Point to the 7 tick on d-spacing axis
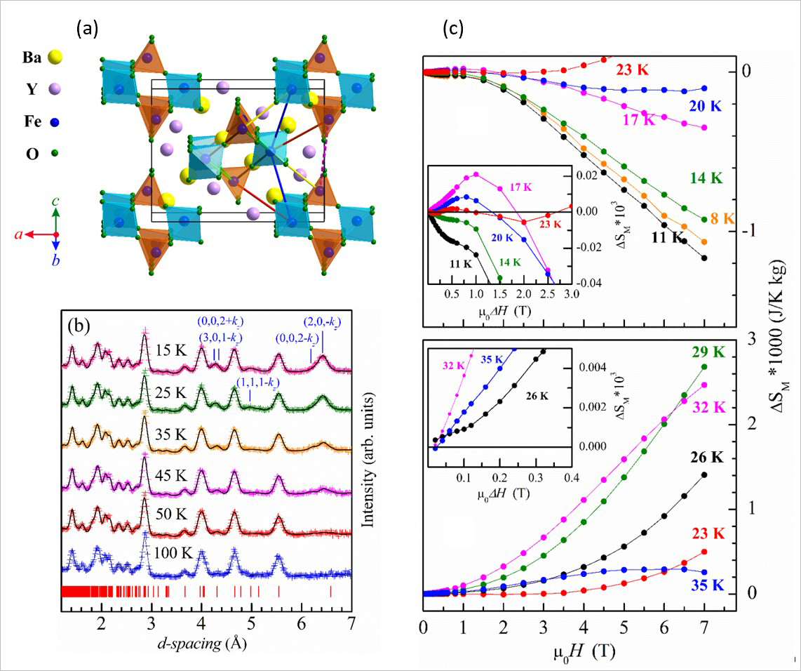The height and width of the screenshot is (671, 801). pyautogui.click(x=351, y=624)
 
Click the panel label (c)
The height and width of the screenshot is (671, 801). pyautogui.click(x=453, y=28)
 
